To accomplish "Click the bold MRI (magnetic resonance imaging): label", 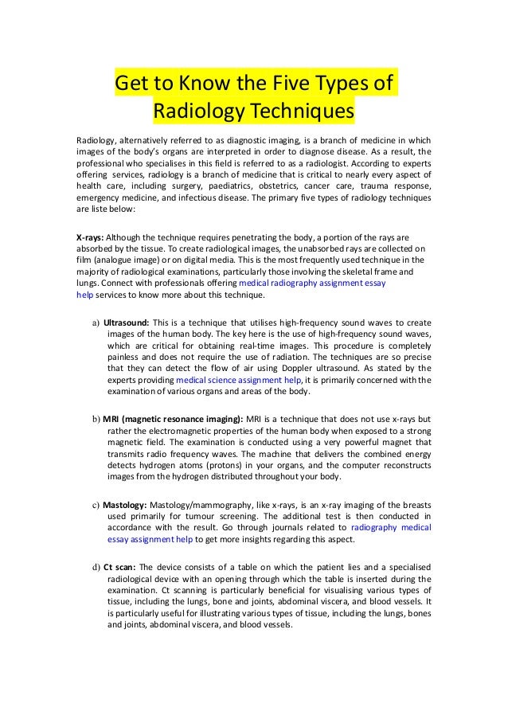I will point(169,419).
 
